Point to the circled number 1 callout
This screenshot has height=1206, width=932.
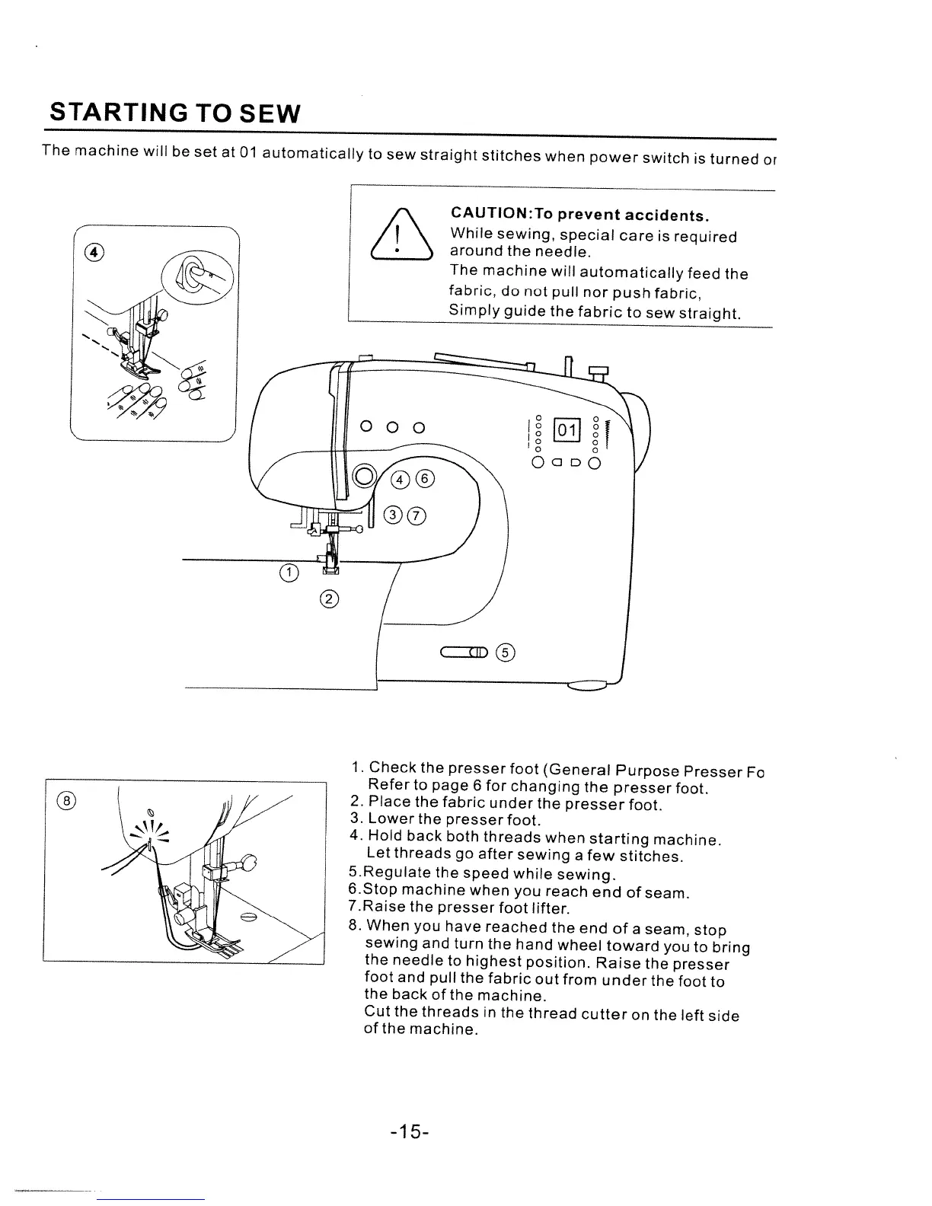click(x=289, y=573)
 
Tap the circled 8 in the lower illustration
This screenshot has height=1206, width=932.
click(x=67, y=800)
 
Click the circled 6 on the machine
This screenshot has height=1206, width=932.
click(x=425, y=479)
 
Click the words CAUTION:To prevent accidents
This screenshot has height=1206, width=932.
click(x=581, y=218)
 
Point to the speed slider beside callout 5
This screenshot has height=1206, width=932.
click(x=462, y=652)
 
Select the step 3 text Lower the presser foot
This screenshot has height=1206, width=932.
click(x=454, y=820)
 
